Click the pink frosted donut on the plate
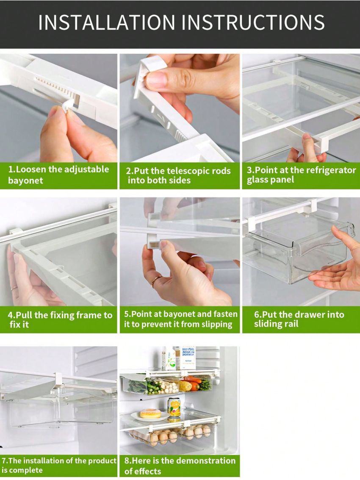tap(150, 413)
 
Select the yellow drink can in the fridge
tap(174, 408)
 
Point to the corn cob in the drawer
tap(185, 386)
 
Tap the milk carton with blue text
tap(188, 358)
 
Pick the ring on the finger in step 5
tap(156, 280)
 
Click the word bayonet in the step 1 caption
tap(25, 180)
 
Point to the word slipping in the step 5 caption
tap(216, 325)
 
